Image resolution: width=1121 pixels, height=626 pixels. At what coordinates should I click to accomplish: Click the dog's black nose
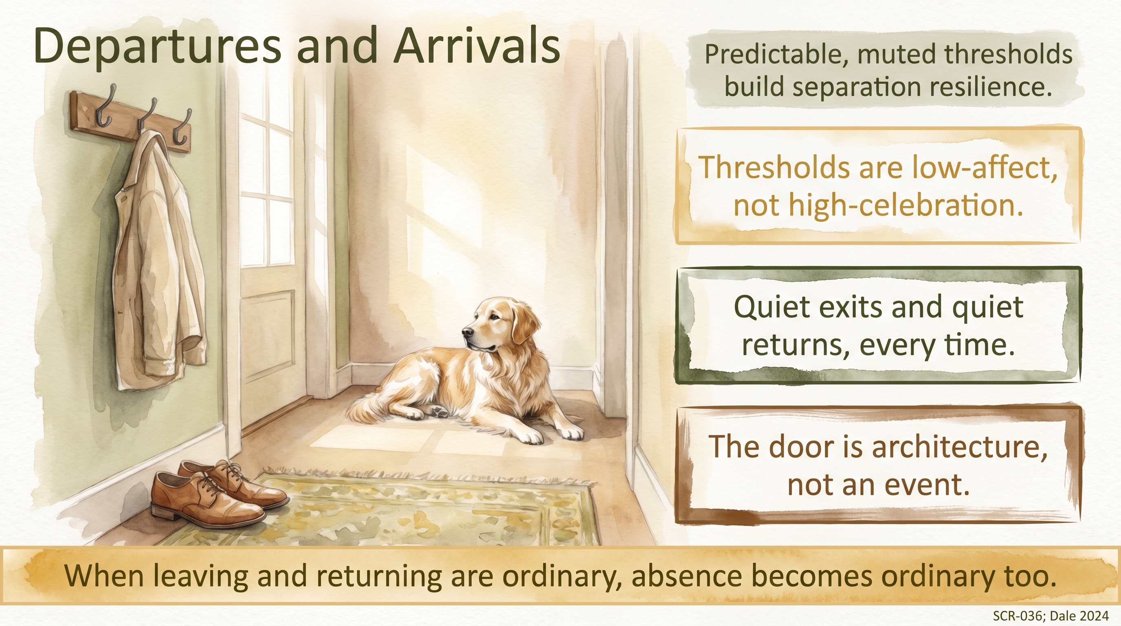click(x=467, y=333)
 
